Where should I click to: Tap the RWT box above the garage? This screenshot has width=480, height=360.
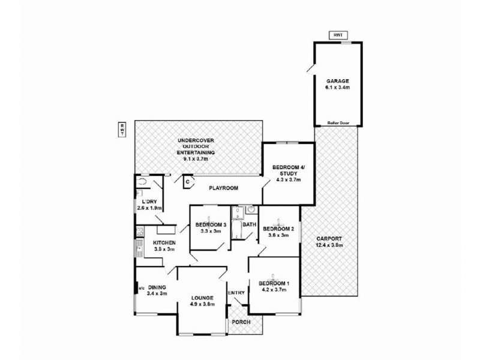click(x=337, y=35)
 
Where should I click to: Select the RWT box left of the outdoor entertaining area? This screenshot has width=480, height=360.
click(x=122, y=129)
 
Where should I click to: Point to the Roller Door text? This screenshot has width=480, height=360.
click(x=338, y=123)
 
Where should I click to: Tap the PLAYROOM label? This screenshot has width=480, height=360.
click(x=223, y=188)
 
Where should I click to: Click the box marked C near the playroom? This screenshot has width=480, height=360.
click(x=188, y=181)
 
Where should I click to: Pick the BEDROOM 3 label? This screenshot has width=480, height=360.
click(x=211, y=225)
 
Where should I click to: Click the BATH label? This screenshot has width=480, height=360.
click(x=250, y=225)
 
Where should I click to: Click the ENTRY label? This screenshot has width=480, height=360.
click(x=236, y=292)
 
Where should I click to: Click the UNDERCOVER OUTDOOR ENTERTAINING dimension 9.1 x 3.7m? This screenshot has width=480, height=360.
click(x=196, y=159)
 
